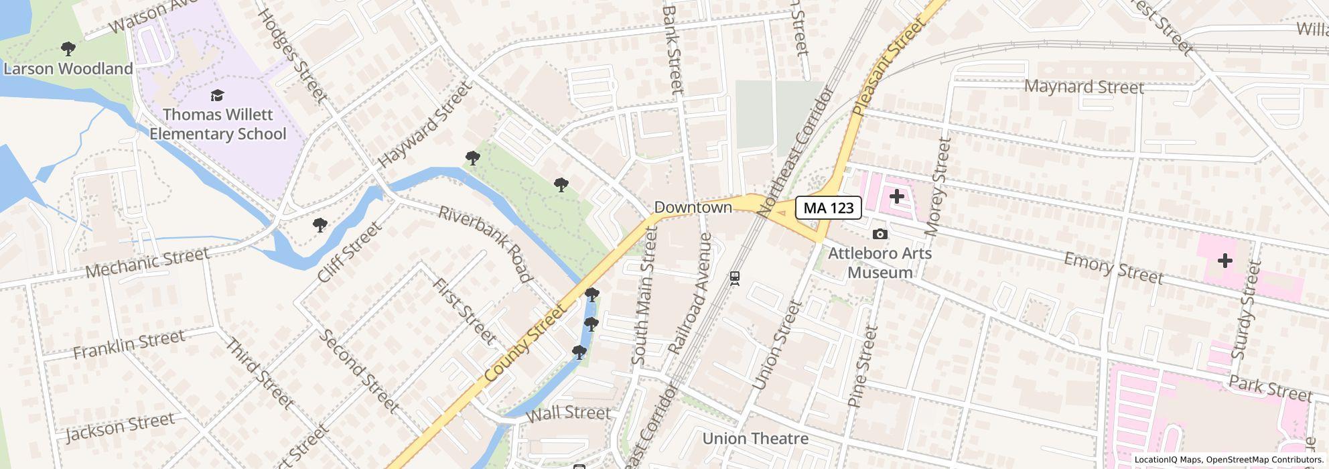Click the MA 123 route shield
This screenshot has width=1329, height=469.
829,208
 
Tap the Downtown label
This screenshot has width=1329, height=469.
693,208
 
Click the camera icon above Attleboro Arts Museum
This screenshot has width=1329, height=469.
880,234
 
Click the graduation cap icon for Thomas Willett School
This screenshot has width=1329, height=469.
217,96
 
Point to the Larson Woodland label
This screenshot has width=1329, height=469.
68,69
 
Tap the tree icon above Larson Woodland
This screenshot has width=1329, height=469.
68,48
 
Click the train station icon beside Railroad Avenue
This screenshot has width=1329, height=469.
735,277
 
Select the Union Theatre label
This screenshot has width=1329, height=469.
755,439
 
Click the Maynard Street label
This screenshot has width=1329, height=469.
1084,87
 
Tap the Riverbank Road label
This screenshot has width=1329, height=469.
485,244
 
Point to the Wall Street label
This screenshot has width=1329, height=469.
568,413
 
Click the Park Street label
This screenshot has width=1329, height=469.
1270,389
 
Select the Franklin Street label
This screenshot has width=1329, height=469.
129,344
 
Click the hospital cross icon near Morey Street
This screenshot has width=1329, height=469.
896,197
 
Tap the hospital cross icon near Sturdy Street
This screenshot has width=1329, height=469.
1225,261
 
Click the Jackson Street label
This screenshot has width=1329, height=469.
121,427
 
